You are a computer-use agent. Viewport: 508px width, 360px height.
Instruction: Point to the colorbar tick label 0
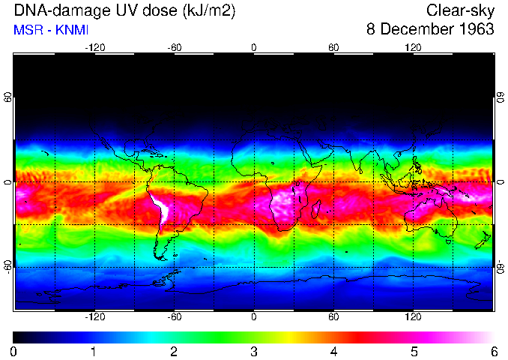point(14,351)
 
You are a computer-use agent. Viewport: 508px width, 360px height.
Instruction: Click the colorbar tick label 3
point(253,351)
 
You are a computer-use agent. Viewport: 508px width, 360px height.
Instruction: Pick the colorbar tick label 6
point(493,351)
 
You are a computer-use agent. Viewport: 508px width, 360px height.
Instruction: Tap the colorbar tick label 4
point(333,351)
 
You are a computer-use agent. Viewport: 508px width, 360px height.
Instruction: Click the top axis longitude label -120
point(94,47)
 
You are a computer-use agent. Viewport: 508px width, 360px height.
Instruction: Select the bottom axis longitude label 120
point(413,316)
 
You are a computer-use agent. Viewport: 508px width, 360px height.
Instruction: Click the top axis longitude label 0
point(254,47)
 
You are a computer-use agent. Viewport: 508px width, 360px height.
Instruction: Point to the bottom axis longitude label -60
point(175,316)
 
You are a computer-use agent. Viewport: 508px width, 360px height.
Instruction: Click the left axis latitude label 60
point(7,97)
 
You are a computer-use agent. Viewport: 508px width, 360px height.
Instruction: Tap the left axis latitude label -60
point(7,266)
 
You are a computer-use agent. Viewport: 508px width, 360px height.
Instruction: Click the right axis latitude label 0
point(500,182)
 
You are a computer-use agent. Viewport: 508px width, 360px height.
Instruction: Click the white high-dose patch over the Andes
point(159,208)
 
